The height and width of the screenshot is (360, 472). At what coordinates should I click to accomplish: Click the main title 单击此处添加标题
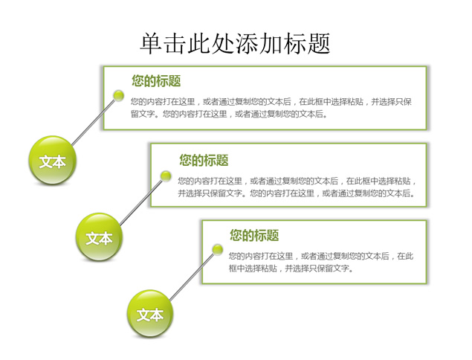235,44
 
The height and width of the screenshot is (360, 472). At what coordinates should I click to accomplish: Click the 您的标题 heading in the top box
156,81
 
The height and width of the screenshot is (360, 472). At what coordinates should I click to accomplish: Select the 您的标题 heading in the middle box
204,160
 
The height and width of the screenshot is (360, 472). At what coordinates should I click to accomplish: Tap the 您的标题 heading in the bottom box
254,235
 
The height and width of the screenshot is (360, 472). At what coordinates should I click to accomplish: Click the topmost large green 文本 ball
52,160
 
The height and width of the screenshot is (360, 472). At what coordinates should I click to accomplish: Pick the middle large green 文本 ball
99,237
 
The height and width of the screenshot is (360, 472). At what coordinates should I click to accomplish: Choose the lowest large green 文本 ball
150,314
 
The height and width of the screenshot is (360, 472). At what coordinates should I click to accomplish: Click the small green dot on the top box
119,95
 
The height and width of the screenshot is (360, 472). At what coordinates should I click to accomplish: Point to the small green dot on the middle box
166,176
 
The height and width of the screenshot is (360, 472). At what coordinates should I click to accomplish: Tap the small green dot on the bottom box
217,250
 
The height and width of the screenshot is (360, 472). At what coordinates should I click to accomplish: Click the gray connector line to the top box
94,121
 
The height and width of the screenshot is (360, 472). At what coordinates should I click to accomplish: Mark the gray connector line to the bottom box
192,277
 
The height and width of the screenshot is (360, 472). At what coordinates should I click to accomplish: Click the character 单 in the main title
151,44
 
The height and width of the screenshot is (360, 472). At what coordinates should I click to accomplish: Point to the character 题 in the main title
319,44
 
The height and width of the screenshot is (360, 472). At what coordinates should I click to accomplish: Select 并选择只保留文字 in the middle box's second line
210,193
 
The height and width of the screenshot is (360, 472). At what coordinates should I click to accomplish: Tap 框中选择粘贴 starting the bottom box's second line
253,268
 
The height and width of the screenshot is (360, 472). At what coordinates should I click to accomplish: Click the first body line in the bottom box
321,256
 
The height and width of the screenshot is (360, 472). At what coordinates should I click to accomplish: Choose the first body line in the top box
271,102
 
